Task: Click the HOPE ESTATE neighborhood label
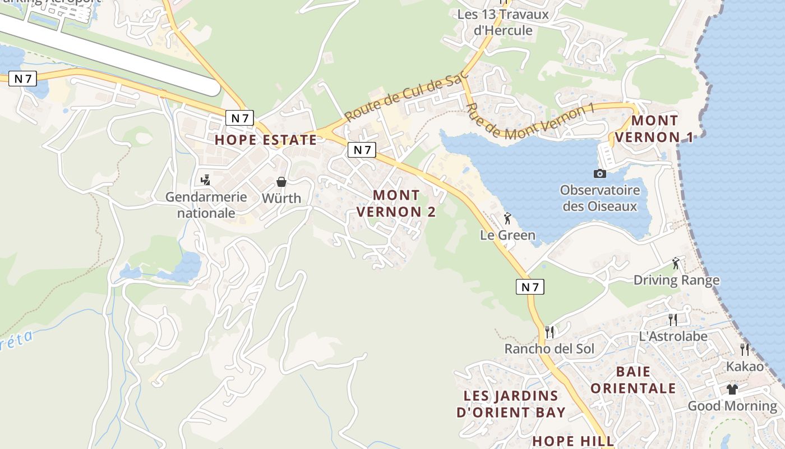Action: pyautogui.click(x=266, y=140)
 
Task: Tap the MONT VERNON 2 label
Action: pyautogui.click(x=396, y=203)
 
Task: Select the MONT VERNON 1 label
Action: pyautogui.click(x=654, y=129)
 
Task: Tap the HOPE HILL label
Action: pyautogui.click(x=573, y=441)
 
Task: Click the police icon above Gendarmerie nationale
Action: pyautogui.click(x=205, y=180)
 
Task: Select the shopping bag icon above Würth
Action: pyautogui.click(x=281, y=182)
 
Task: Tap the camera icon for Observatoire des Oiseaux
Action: pyautogui.click(x=600, y=174)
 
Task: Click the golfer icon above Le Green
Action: pyautogui.click(x=507, y=218)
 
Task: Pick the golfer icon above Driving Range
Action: pyautogui.click(x=676, y=263)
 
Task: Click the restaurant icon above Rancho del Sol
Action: pyautogui.click(x=549, y=332)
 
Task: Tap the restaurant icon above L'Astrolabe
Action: pyautogui.click(x=673, y=319)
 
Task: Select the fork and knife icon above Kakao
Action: pyautogui.click(x=745, y=349)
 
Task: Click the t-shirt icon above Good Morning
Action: pyautogui.click(x=732, y=389)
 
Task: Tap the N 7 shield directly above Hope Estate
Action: pyautogui.click(x=239, y=118)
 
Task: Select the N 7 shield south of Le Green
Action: pyautogui.click(x=530, y=287)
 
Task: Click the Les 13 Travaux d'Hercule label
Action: pyautogui.click(x=503, y=22)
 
